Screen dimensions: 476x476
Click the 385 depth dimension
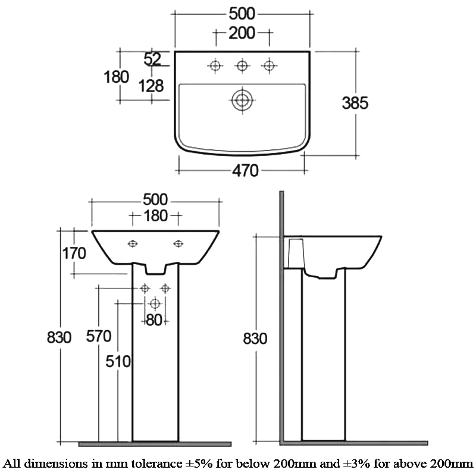[x=355, y=103]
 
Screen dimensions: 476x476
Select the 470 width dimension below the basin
[x=245, y=171]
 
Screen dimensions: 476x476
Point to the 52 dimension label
[x=153, y=58]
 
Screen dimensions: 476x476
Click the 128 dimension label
[x=151, y=86]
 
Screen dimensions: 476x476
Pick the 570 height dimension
[x=99, y=336]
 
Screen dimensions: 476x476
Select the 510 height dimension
[x=118, y=361]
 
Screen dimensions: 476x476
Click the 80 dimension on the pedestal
[x=154, y=320]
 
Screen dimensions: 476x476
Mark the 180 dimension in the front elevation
[x=156, y=215]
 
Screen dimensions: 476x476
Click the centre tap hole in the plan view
[x=242, y=65]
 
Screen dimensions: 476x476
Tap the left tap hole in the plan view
[x=214, y=65]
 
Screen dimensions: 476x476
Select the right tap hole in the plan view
[x=270, y=65]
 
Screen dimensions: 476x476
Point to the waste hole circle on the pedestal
[x=155, y=303]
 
